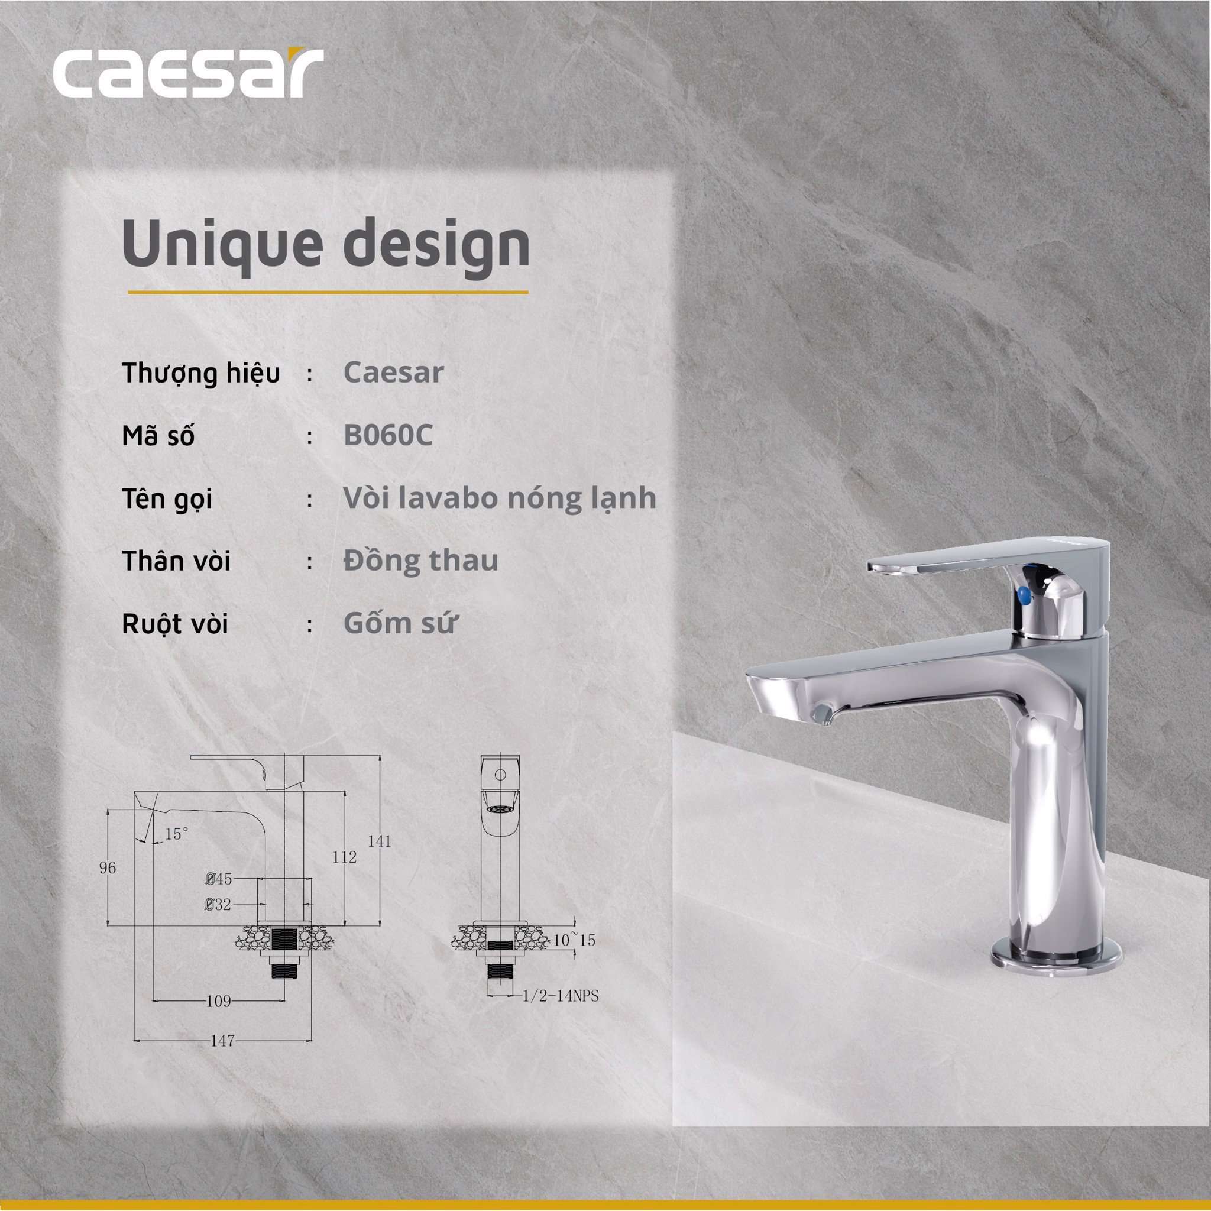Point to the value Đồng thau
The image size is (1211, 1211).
click(x=420, y=561)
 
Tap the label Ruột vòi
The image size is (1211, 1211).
click(x=175, y=625)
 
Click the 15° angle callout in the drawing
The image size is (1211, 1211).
click(x=177, y=834)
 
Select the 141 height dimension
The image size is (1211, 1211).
click(x=380, y=841)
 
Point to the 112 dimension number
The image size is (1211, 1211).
click(x=345, y=857)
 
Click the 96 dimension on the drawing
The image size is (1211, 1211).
click(x=108, y=868)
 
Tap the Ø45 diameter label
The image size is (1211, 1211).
click(x=219, y=879)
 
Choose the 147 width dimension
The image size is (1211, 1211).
click(x=222, y=1041)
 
